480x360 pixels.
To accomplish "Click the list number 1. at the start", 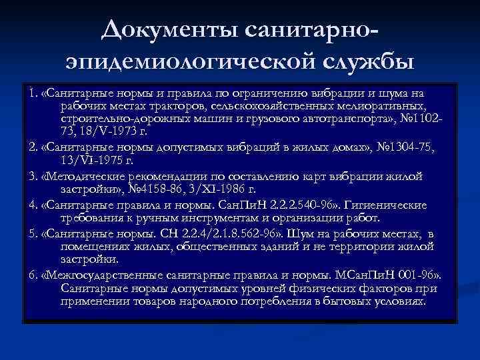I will coord(31,93).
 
